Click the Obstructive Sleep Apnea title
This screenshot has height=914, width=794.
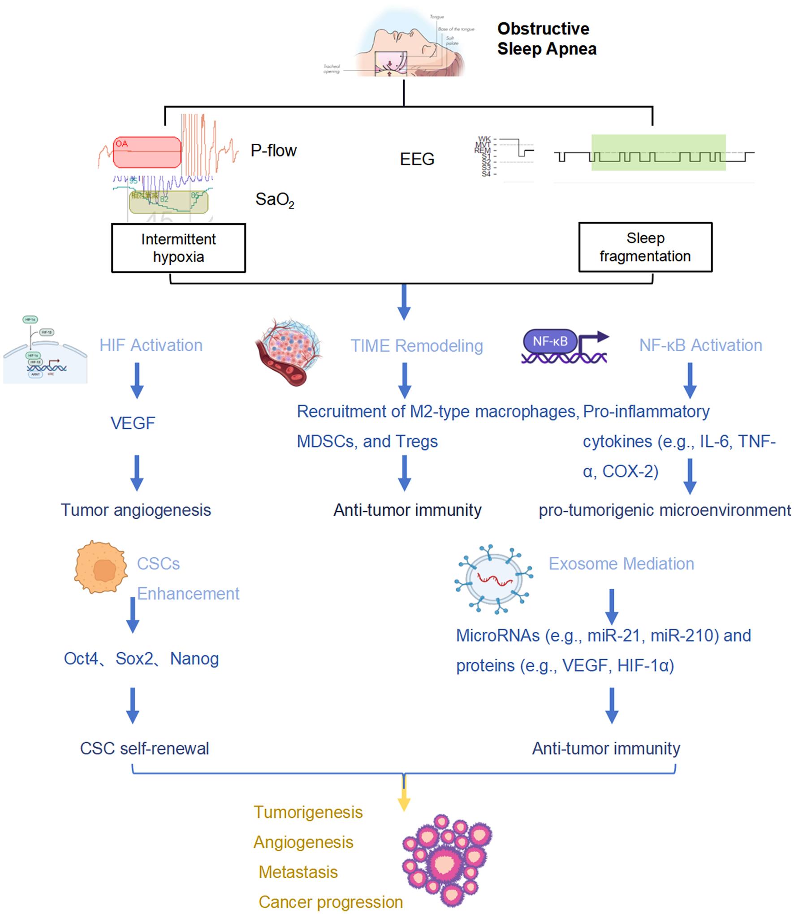click(x=547, y=39)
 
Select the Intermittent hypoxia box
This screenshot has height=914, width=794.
click(x=178, y=248)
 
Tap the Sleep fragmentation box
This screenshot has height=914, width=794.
click(x=645, y=247)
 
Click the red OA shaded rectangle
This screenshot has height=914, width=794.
click(x=147, y=152)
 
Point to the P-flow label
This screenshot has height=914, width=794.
click(x=273, y=151)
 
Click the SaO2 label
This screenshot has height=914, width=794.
click(x=274, y=200)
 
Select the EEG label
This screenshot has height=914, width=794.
click(x=417, y=159)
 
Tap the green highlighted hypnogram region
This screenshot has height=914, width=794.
click(x=658, y=152)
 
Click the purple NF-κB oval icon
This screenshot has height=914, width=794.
click(x=550, y=341)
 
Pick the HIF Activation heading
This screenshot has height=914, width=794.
click(x=151, y=345)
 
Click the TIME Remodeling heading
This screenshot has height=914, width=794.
click(x=417, y=346)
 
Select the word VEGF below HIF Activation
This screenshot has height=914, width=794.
click(x=133, y=423)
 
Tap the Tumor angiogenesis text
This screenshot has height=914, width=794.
click(x=136, y=510)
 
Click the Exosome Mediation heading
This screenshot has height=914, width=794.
click(x=621, y=564)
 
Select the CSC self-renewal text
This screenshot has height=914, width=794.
click(x=144, y=748)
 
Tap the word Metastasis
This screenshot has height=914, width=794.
click(x=298, y=872)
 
